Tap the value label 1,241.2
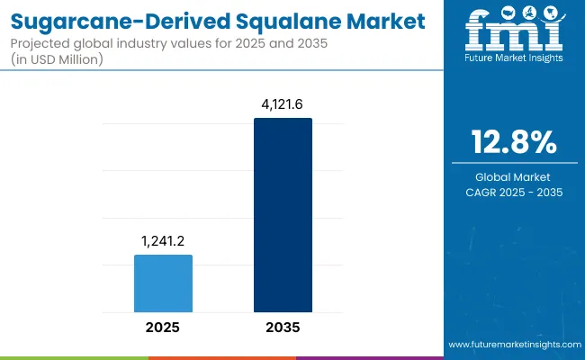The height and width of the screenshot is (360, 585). tap(163, 242)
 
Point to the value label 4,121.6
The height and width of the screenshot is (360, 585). tap(283, 104)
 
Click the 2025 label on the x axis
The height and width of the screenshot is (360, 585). tap(163, 327)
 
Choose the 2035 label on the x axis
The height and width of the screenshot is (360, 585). tap(283, 327)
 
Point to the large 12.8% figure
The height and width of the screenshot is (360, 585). tap(514, 141)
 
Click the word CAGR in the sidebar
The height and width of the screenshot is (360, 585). tap(486, 192)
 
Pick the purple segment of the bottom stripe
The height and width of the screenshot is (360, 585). tap(369, 357)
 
